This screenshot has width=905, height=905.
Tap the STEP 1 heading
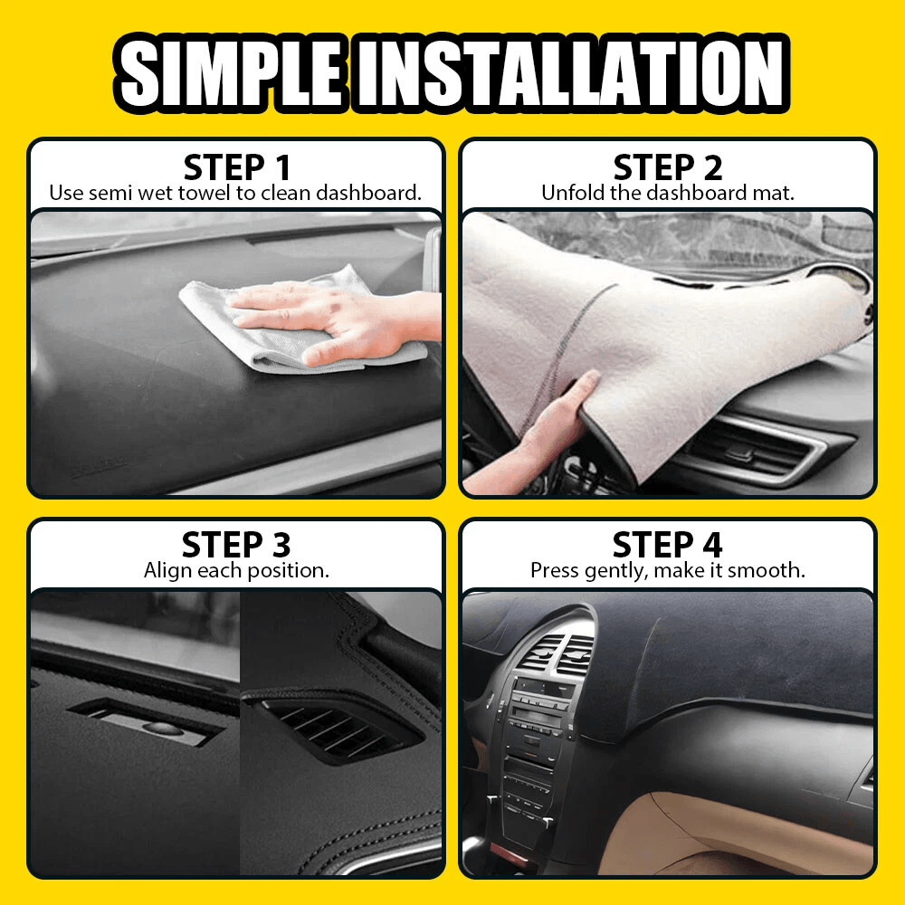click(237, 167)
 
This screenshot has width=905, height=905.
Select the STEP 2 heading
click(668, 167)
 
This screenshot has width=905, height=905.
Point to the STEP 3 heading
click(236, 546)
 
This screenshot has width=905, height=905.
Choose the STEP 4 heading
click(668, 546)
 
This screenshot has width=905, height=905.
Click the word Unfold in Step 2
click(568, 193)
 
